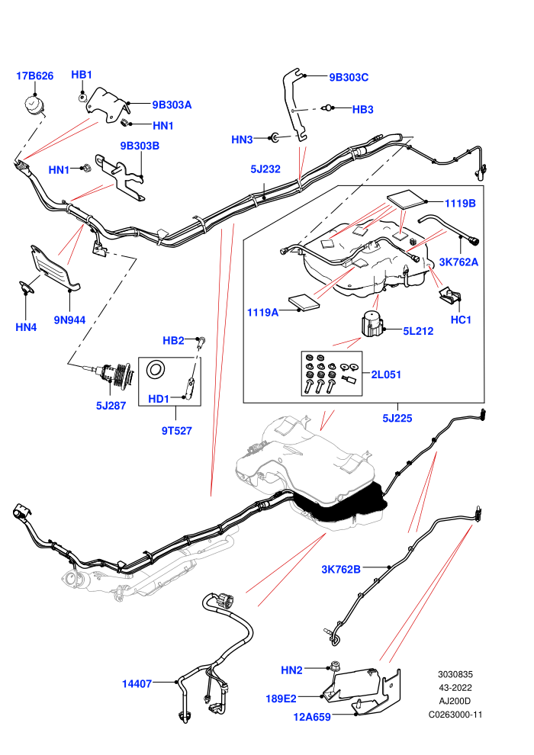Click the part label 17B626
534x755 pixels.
click(x=34, y=75)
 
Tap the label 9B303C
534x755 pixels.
click(x=349, y=78)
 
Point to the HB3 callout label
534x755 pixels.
click(x=362, y=110)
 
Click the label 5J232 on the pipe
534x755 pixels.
click(x=265, y=169)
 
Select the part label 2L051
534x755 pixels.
click(x=386, y=374)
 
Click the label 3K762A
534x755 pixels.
click(x=458, y=262)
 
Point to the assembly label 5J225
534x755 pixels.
click(x=397, y=419)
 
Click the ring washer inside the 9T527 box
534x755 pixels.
click(x=156, y=370)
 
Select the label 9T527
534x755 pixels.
click(x=177, y=431)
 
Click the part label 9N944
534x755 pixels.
click(x=70, y=320)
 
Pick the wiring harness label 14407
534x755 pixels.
click(x=137, y=684)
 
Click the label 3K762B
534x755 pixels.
click(x=341, y=570)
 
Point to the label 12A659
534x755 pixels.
click(x=312, y=717)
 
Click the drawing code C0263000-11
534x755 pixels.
click(x=455, y=715)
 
